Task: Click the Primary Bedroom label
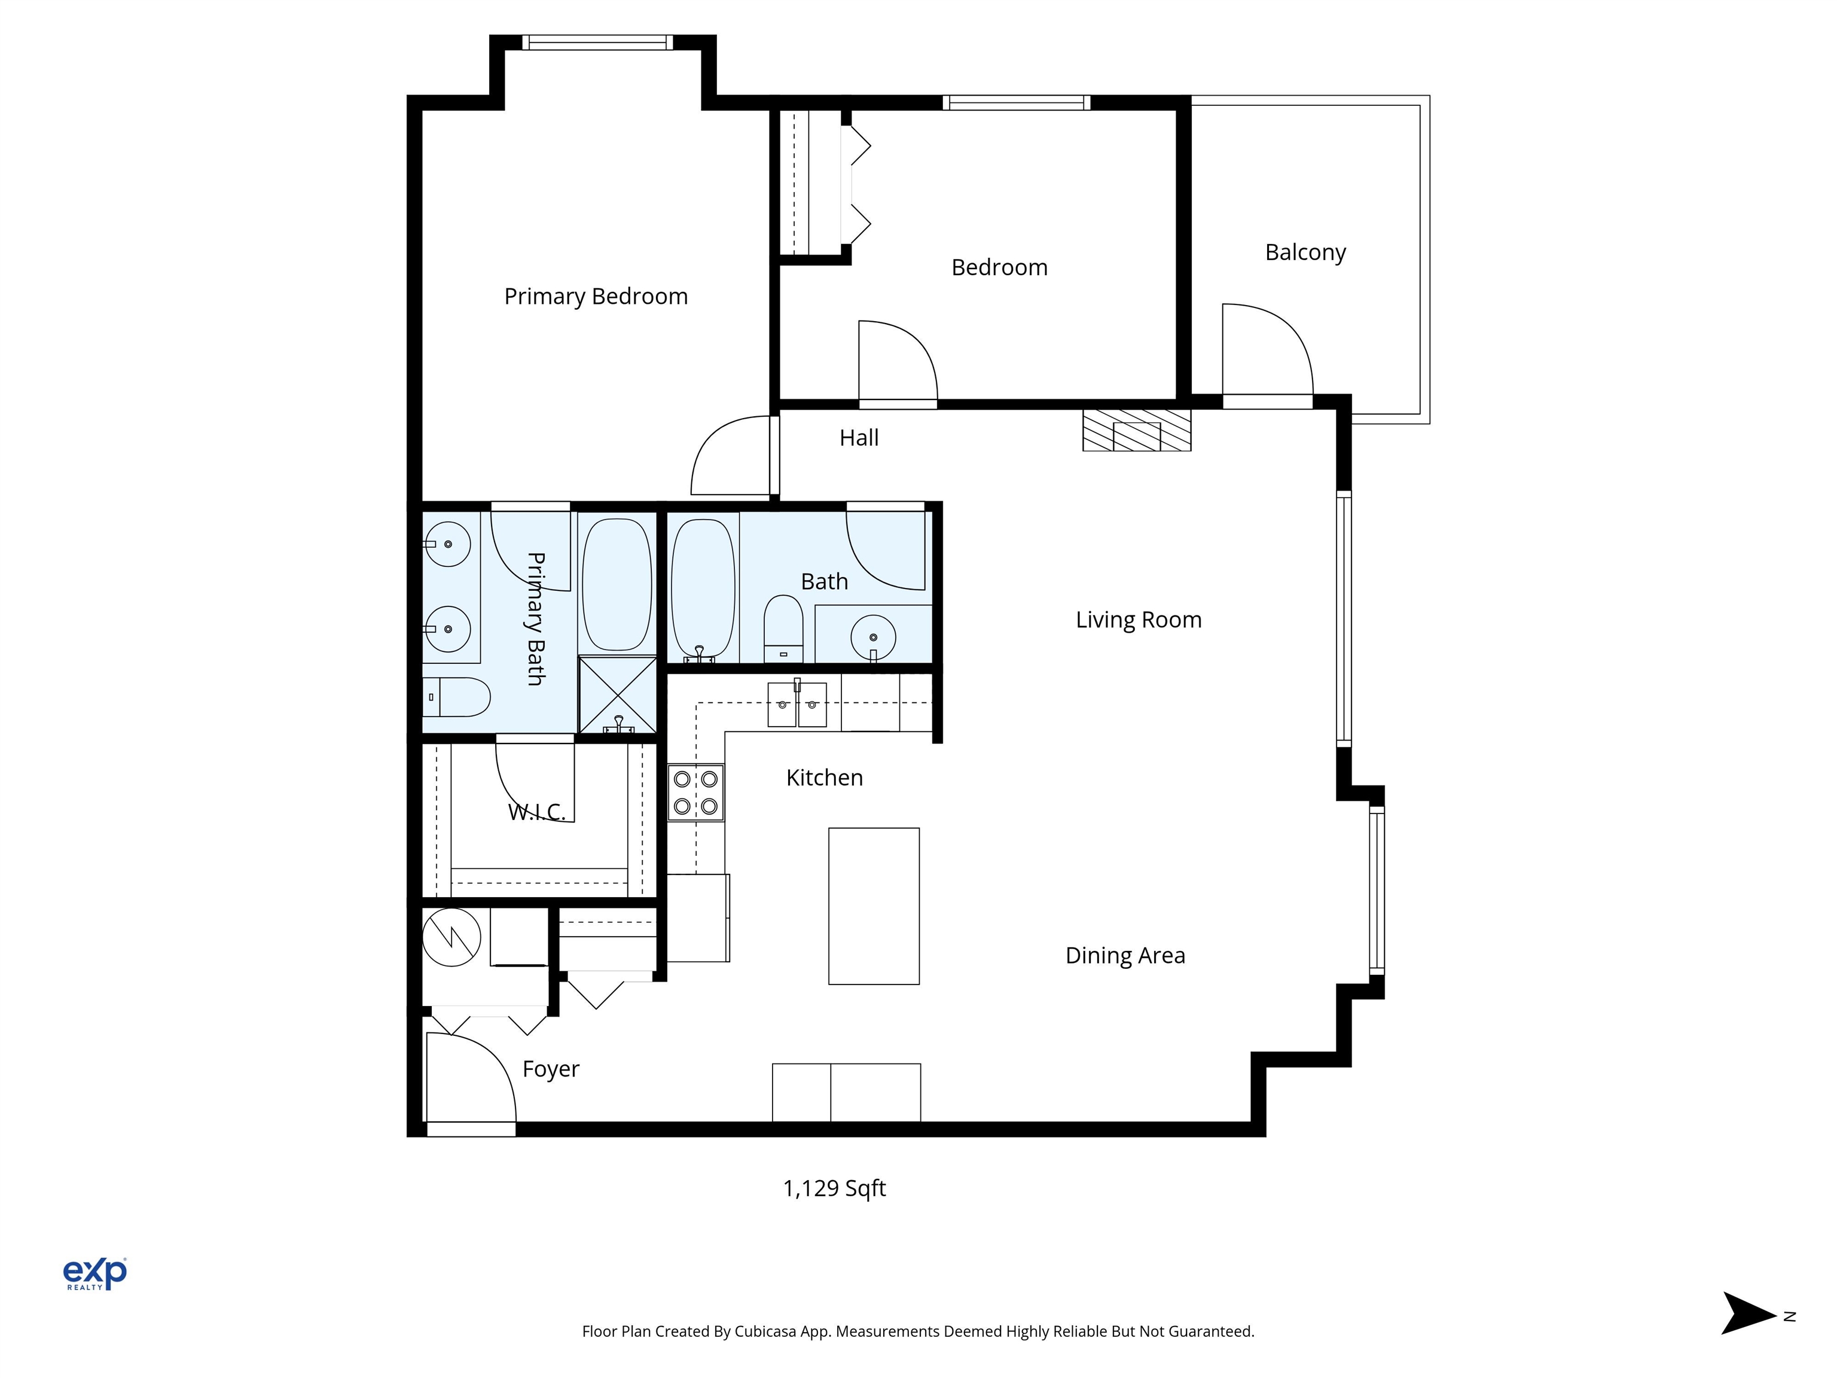(x=596, y=297)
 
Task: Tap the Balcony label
(x=1305, y=252)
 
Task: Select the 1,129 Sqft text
(x=834, y=1188)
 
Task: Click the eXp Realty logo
(x=96, y=1273)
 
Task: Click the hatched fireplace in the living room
(x=1136, y=430)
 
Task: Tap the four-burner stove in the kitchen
(x=696, y=792)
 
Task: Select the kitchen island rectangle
(x=874, y=906)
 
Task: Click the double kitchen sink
(x=797, y=705)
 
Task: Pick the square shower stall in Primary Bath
(x=617, y=695)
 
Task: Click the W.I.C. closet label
(x=536, y=812)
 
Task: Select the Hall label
(x=859, y=438)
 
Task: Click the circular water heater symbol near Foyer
(x=452, y=938)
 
